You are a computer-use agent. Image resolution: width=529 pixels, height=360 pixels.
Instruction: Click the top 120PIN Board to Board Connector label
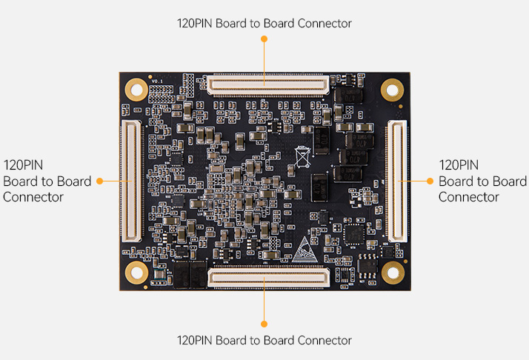(264, 23)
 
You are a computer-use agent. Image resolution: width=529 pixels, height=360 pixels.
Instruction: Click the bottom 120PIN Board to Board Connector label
(264, 340)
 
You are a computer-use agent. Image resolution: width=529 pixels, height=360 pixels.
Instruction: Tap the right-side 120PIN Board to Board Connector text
(482, 181)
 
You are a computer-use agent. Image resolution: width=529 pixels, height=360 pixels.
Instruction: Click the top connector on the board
(267, 84)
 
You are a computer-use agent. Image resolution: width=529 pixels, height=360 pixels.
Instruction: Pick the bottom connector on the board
(267, 278)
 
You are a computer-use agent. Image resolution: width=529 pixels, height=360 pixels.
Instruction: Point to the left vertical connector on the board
(132, 181)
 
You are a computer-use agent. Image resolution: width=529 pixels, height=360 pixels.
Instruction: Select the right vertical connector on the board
(397, 181)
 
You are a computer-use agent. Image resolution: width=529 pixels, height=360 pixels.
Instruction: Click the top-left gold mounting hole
(136, 90)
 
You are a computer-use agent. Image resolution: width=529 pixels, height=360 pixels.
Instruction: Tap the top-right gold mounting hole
(391, 90)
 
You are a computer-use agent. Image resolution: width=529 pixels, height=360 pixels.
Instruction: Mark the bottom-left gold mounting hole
(136, 272)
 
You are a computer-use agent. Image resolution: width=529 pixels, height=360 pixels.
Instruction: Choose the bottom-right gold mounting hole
(391, 272)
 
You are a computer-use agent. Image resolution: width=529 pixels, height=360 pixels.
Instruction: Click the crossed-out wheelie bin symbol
(302, 157)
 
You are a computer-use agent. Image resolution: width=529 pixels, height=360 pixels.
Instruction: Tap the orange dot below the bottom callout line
(264, 324)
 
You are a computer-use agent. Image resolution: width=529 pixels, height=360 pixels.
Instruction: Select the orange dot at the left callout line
(99, 181)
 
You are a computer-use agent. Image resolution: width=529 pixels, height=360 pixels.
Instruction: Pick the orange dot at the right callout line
(430, 181)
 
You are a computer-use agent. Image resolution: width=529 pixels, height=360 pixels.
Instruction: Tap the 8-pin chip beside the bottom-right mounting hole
(367, 265)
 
